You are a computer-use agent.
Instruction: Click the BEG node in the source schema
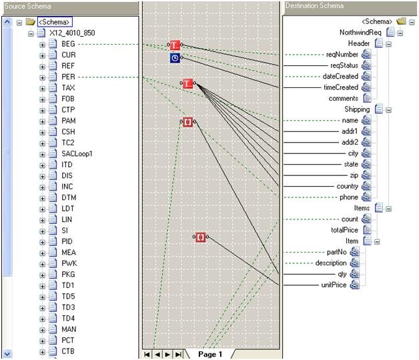click(68, 44)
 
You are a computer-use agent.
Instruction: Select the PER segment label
click(68, 77)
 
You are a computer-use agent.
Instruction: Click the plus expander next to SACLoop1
click(42, 155)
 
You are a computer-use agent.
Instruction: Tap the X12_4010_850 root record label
click(72, 33)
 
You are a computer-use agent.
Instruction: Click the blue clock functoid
click(175, 58)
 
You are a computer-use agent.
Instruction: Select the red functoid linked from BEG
click(175, 45)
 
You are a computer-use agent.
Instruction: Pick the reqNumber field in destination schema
click(342, 55)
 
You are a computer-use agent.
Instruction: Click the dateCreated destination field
click(340, 77)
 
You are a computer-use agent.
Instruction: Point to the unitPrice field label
click(334, 285)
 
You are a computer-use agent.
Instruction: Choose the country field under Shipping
click(348, 186)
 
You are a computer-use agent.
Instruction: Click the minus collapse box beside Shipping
click(388, 110)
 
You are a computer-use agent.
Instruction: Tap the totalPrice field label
click(344, 230)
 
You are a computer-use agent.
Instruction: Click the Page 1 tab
click(210, 355)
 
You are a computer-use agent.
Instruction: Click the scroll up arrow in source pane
click(7, 21)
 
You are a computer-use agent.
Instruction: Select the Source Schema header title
click(27, 6)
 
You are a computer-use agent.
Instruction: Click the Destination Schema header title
click(314, 5)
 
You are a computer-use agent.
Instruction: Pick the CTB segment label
click(68, 351)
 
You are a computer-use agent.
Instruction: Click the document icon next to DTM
click(53, 197)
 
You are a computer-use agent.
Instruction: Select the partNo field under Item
click(337, 252)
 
